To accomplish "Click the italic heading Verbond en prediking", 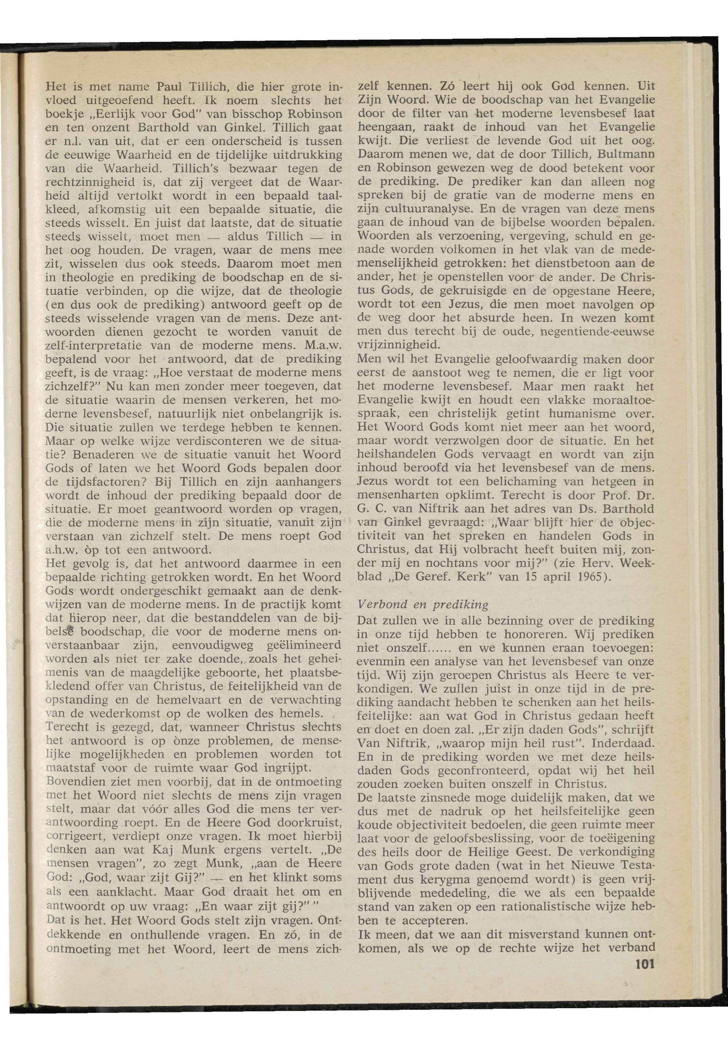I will [423, 605].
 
